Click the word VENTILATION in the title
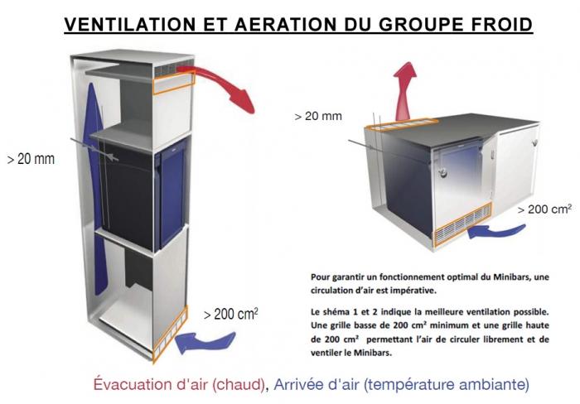(130, 24)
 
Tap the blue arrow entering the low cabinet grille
(495, 231)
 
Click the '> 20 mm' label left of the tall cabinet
(31, 159)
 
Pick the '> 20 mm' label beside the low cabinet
(318, 116)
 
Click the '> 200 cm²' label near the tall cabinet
(230, 315)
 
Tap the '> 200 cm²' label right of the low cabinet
(544, 209)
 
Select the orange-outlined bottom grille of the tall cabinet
(170, 334)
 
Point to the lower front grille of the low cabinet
(462, 224)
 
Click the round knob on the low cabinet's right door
(534, 142)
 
